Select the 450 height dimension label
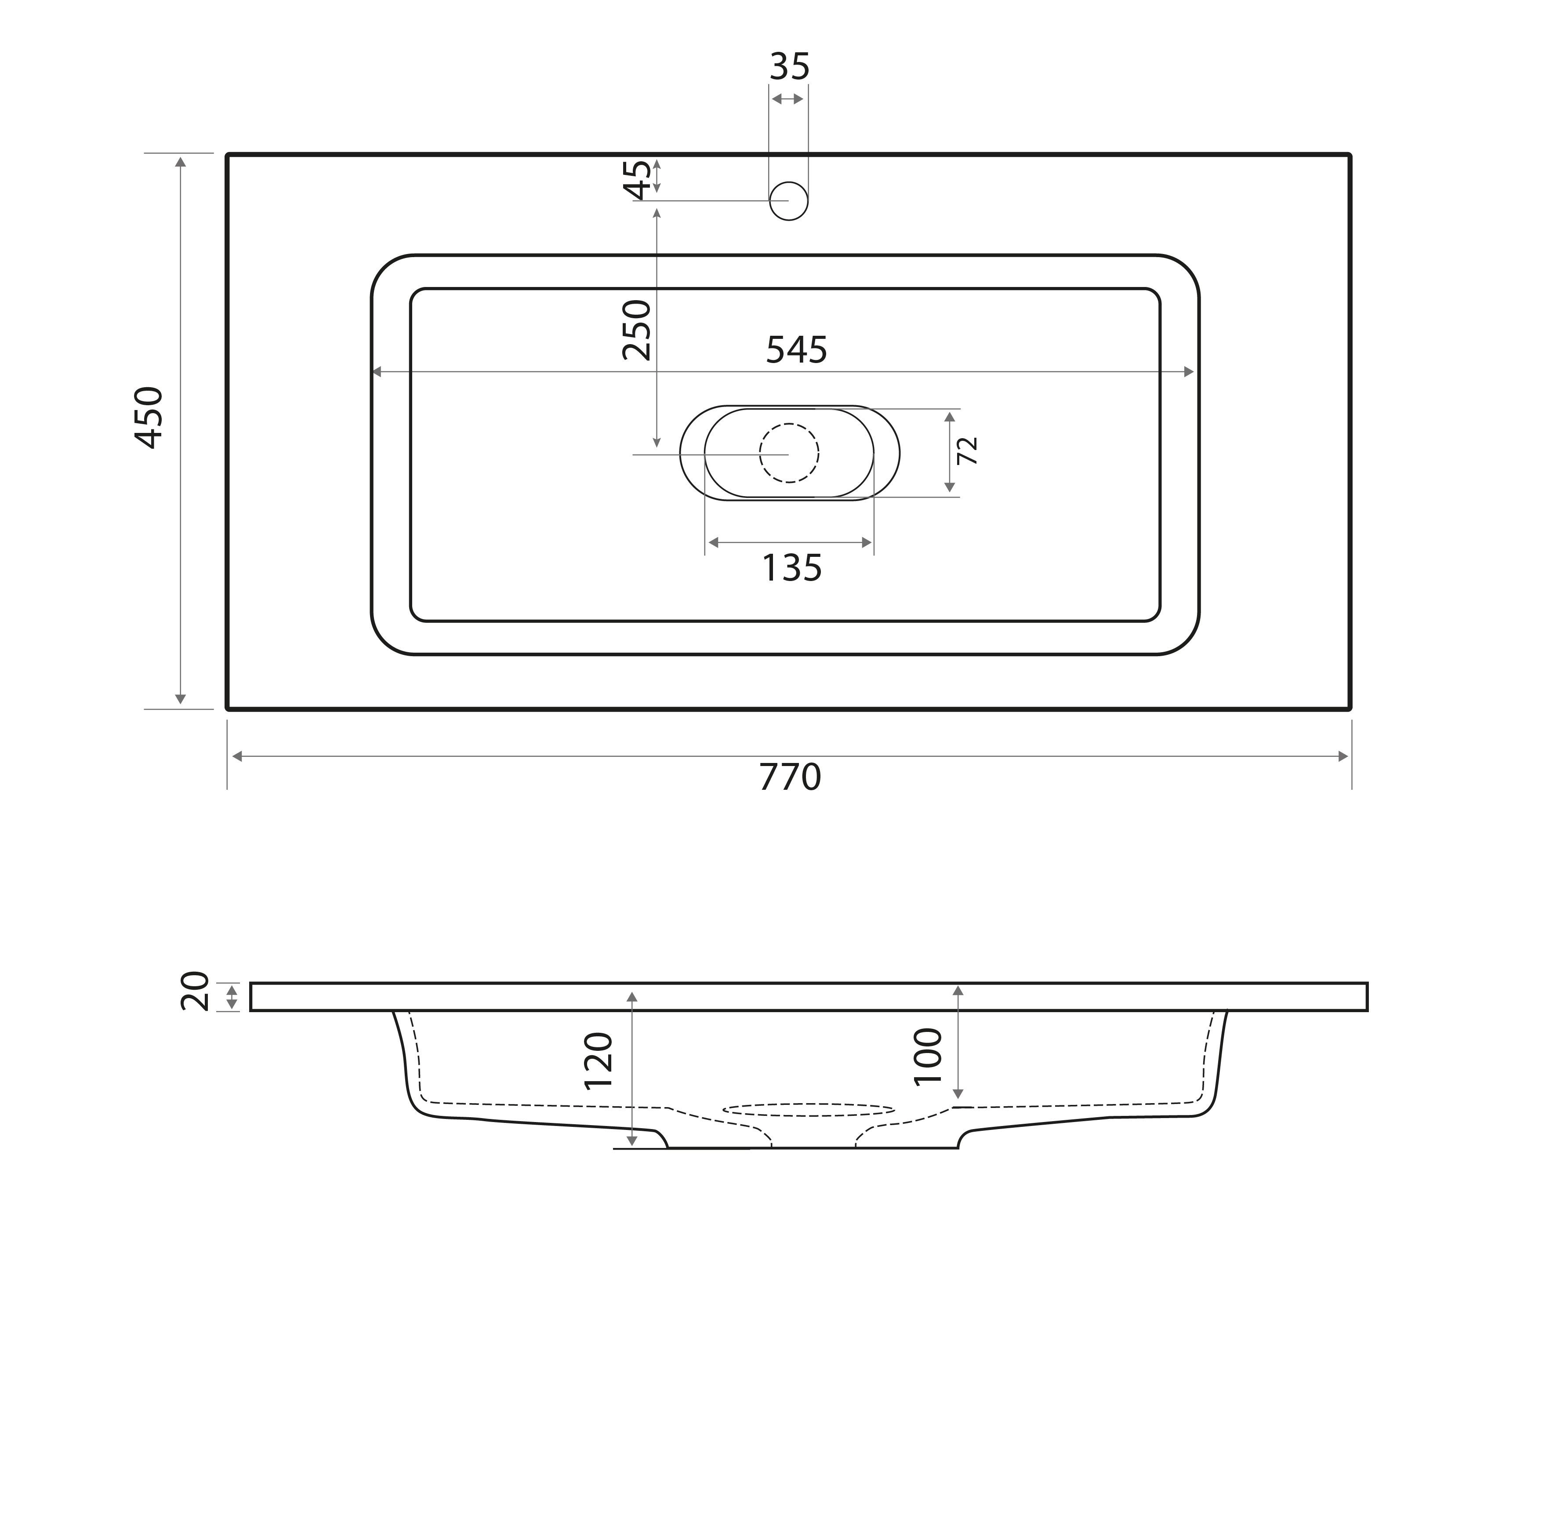(x=149, y=418)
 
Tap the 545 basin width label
(x=797, y=350)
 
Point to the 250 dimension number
(x=637, y=330)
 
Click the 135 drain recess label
(x=792, y=568)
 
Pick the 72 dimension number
(x=967, y=451)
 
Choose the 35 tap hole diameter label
(x=789, y=67)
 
